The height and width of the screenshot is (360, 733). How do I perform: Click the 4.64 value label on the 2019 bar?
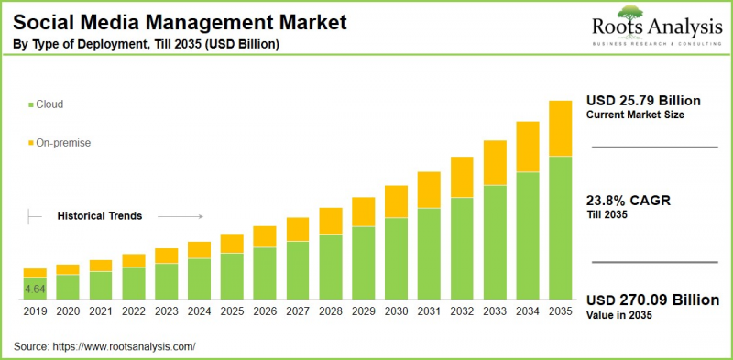click(x=35, y=289)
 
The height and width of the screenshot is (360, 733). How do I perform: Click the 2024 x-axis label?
click(x=199, y=312)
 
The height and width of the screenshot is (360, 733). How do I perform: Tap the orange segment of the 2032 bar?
click(x=462, y=176)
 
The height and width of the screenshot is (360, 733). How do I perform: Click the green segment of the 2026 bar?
click(x=265, y=274)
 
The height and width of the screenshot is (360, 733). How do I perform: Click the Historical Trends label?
click(x=100, y=216)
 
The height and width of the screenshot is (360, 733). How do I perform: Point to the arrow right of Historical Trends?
click(x=179, y=216)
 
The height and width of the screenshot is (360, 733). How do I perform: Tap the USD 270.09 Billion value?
click(x=653, y=300)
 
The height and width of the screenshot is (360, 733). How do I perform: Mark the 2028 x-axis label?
click(x=331, y=312)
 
